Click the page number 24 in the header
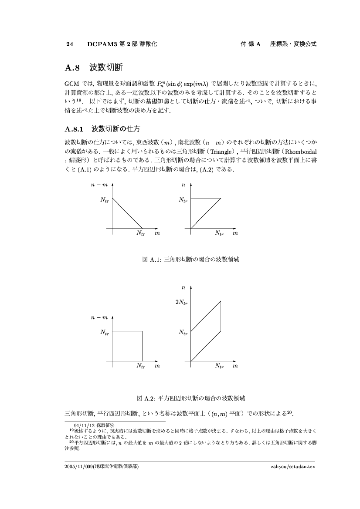(68, 44)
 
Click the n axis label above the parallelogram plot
(183, 287)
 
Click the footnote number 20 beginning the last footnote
(66, 439)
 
